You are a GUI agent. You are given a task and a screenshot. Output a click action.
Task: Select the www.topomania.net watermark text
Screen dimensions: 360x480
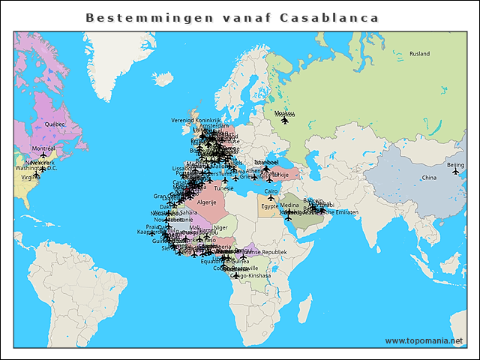tap(424, 341)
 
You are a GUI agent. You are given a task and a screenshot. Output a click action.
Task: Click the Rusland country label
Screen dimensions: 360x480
tap(419, 54)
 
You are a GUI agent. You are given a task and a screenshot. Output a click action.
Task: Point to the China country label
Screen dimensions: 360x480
tap(428, 178)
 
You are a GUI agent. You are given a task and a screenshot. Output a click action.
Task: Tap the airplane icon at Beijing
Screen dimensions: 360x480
tap(455, 172)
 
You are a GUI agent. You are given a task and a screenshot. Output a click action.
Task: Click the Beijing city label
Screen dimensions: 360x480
tap(455, 164)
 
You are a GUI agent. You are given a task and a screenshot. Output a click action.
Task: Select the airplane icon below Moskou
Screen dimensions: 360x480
tap(284, 120)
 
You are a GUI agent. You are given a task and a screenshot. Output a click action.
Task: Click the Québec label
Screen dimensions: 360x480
tap(55, 124)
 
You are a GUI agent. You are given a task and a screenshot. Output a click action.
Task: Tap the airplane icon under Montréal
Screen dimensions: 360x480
tap(43, 155)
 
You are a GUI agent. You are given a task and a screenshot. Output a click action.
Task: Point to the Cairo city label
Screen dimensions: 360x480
tap(271, 191)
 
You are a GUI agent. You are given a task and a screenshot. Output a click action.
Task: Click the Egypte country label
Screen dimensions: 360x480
tap(269, 206)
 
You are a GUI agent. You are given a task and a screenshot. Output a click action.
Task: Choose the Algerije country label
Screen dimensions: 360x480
tap(205, 202)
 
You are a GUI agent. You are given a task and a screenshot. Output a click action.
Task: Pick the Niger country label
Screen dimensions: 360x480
tap(220, 227)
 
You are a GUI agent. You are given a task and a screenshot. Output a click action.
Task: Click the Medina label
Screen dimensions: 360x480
tap(289, 205)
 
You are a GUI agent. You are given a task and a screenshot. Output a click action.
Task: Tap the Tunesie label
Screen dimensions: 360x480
tap(223, 188)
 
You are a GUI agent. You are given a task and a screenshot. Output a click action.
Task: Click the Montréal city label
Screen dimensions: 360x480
tap(43, 148)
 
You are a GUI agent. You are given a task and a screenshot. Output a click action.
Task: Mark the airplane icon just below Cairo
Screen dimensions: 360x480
tap(271, 198)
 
